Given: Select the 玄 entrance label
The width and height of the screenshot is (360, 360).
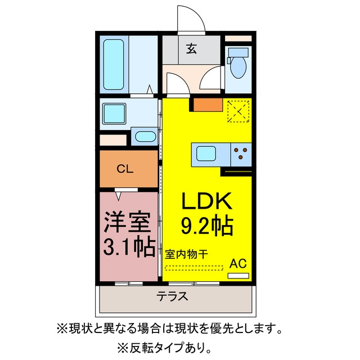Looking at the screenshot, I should (x=191, y=49).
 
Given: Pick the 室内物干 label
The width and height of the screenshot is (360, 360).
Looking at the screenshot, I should (x=187, y=254).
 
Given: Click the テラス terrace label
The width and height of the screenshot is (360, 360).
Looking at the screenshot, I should (x=172, y=297).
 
